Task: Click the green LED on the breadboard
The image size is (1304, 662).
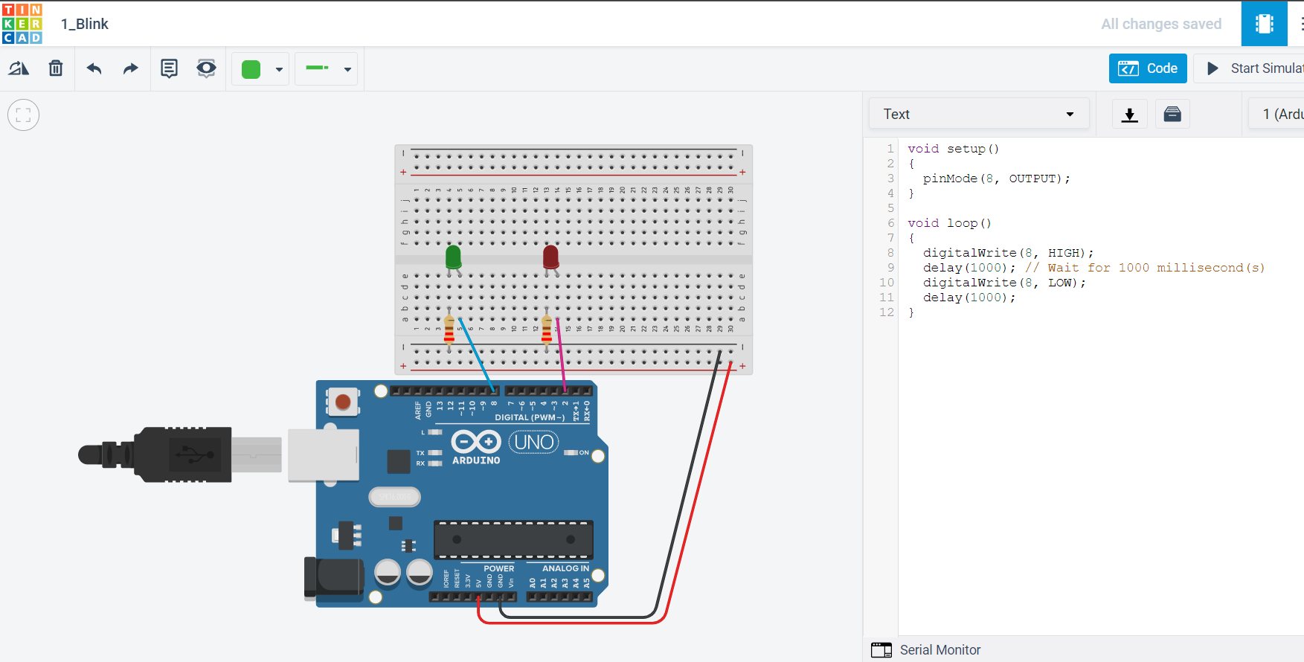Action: point(453,257)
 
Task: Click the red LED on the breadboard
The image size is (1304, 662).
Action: point(550,257)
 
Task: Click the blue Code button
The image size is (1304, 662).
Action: point(1148,68)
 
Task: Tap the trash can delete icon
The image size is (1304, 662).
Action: point(56,68)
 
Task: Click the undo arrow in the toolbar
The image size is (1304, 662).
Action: point(94,68)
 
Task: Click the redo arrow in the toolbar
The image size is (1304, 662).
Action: point(131,68)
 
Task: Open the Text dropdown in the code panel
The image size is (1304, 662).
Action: point(978,114)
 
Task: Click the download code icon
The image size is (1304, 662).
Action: point(1129,115)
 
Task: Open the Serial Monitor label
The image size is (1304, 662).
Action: point(940,650)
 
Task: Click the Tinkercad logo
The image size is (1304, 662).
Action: point(22,23)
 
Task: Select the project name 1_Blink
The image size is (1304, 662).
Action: point(85,24)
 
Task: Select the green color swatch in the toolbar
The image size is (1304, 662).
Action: point(251,69)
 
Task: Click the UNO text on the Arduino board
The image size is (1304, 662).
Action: point(534,443)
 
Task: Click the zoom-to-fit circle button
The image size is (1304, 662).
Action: point(23,115)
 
